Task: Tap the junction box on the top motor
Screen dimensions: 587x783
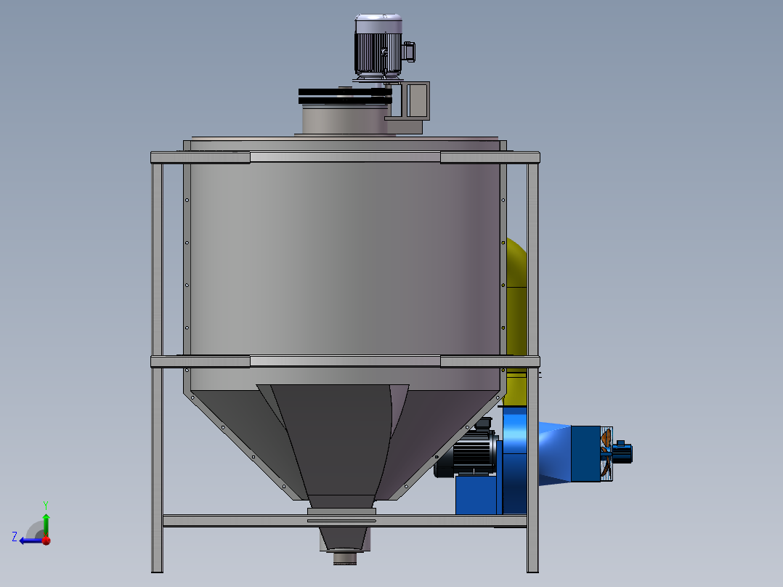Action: coord(408,51)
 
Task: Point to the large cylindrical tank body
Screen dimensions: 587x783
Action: coord(341,254)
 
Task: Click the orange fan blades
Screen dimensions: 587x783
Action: coord(604,454)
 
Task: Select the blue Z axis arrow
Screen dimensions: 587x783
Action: coord(29,540)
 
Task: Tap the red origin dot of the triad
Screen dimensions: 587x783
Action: coord(46,541)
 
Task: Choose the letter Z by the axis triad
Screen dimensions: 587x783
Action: coord(15,536)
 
